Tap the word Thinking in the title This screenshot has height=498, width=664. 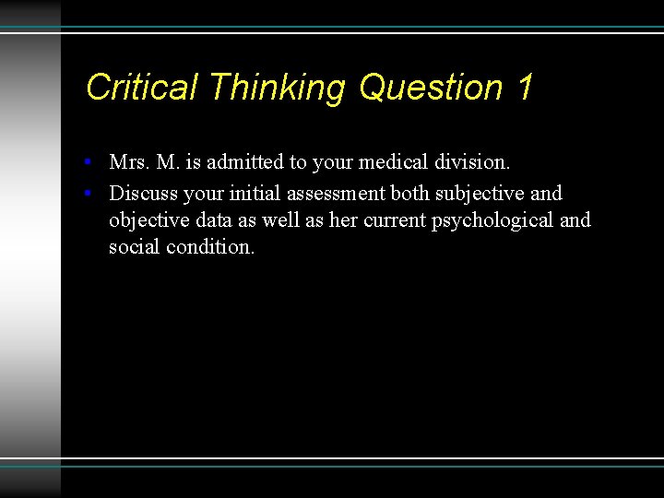[277, 88]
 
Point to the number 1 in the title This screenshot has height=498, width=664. [525, 88]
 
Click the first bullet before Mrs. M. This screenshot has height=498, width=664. [86, 162]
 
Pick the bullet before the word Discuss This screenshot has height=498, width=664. [86, 194]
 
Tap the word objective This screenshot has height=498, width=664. [145, 221]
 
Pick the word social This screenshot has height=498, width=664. [134, 248]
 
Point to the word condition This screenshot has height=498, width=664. [210, 248]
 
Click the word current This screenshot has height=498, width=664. [394, 221]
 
